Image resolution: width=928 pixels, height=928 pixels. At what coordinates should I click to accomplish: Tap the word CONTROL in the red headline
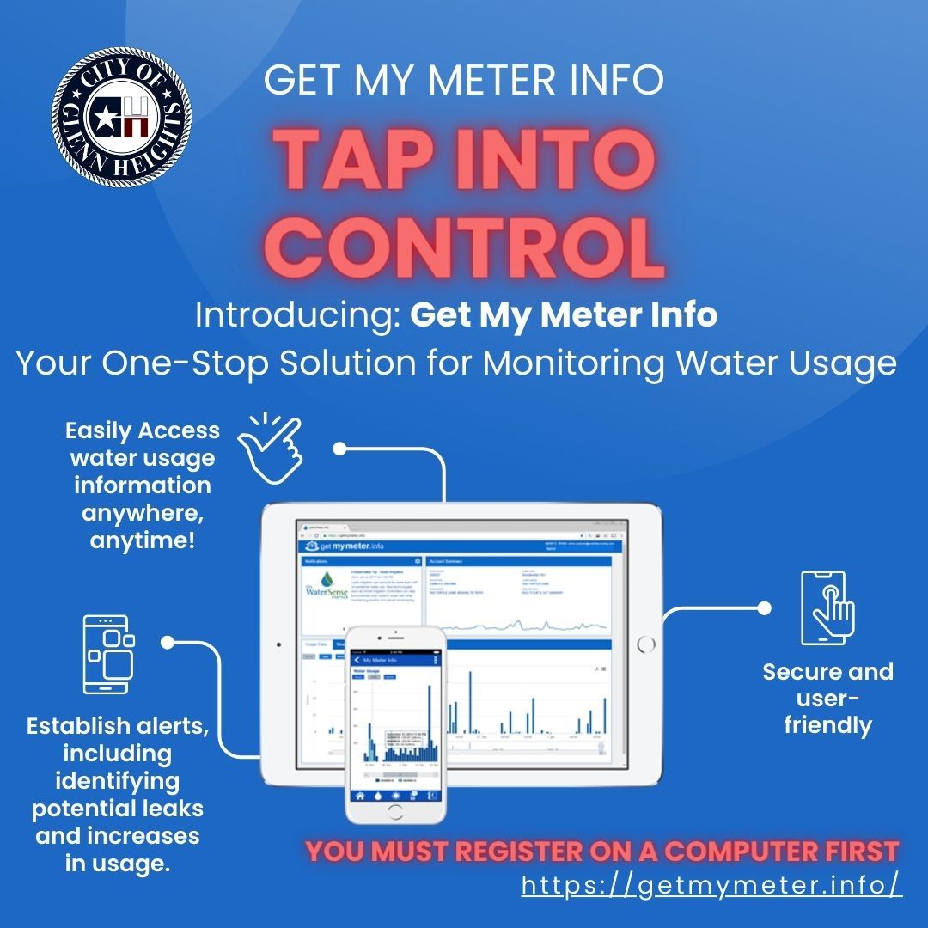pos(471,246)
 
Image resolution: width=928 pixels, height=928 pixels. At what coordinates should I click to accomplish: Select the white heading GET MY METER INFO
pos(464,81)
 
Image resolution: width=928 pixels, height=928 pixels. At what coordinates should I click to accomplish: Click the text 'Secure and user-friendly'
pos(827,698)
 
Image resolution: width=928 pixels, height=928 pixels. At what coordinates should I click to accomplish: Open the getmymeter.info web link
pos(711,885)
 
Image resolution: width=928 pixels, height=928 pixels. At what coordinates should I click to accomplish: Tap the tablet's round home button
pos(646,644)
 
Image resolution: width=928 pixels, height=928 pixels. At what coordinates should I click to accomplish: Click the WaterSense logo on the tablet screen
pos(332,597)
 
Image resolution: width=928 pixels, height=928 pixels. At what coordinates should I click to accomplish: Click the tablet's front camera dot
pos(278,644)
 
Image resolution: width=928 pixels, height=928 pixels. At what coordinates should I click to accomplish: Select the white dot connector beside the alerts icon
pos(167,641)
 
